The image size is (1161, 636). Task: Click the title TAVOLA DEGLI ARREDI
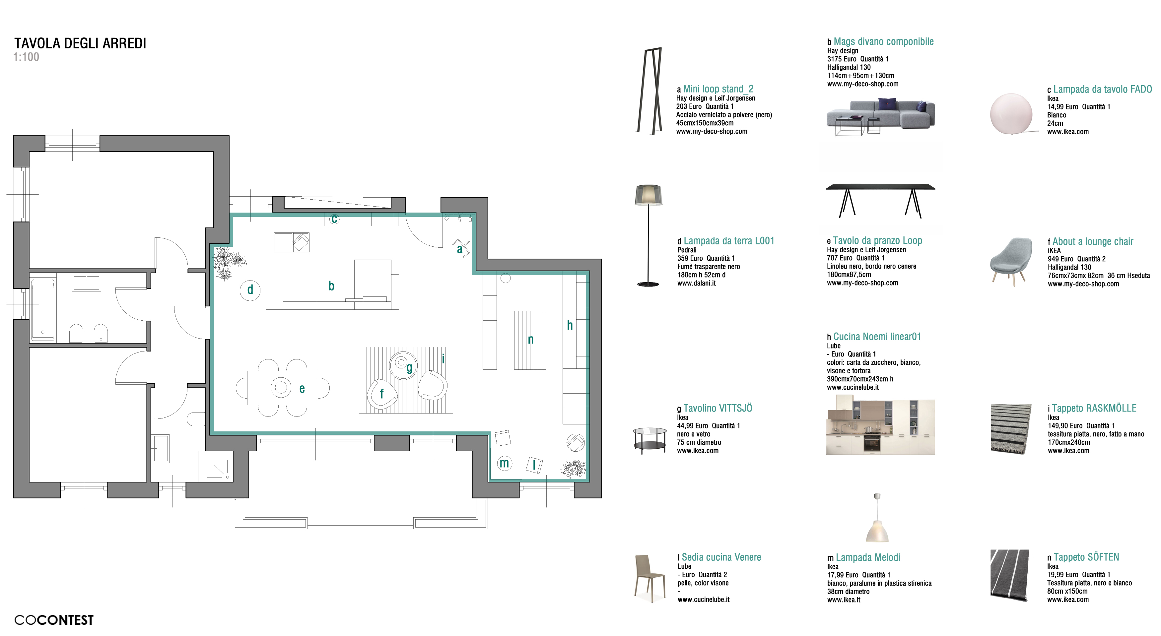(80, 43)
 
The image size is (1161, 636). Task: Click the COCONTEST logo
(54, 620)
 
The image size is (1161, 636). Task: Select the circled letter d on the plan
(250, 289)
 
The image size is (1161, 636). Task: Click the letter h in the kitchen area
(570, 325)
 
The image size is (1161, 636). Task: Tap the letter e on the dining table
(302, 389)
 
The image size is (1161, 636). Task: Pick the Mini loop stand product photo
(649, 91)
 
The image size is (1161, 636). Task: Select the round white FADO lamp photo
(1011, 114)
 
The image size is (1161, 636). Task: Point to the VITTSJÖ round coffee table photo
(650, 440)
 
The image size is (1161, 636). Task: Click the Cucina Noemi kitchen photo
(880, 425)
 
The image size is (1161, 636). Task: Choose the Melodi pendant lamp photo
(877, 518)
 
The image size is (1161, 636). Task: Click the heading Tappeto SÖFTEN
(1086, 557)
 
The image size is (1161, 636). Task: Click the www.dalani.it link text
(696, 283)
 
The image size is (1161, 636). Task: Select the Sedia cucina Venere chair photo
(649, 578)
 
